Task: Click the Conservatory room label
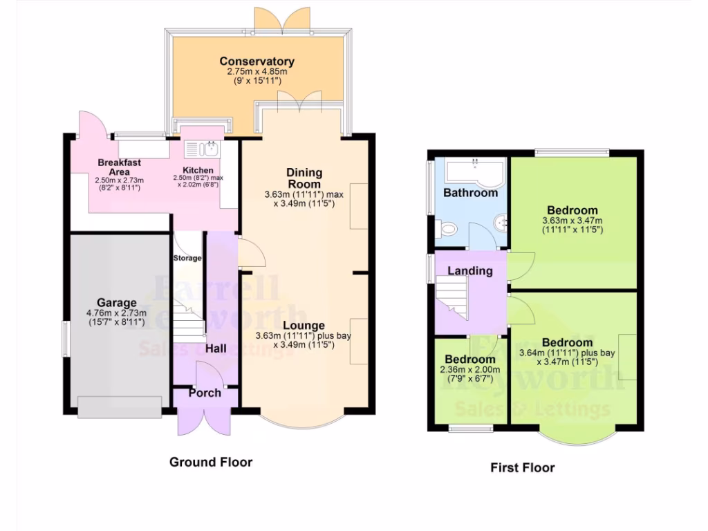pyautogui.click(x=257, y=62)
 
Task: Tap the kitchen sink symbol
pyautogui.click(x=202, y=148)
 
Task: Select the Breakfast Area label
pyautogui.click(x=119, y=167)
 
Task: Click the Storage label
pyautogui.click(x=187, y=258)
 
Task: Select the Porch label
pyautogui.click(x=205, y=393)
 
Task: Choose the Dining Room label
pyautogui.click(x=304, y=178)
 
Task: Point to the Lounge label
pyautogui.click(x=304, y=326)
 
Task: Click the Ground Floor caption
pyautogui.click(x=211, y=462)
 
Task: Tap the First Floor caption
pyautogui.click(x=522, y=467)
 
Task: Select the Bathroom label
pyautogui.click(x=470, y=193)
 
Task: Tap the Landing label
pyautogui.click(x=469, y=271)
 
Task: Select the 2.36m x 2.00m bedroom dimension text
pyautogui.click(x=469, y=374)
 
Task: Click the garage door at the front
pyautogui.click(x=120, y=407)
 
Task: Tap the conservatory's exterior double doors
pyautogui.click(x=281, y=19)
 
